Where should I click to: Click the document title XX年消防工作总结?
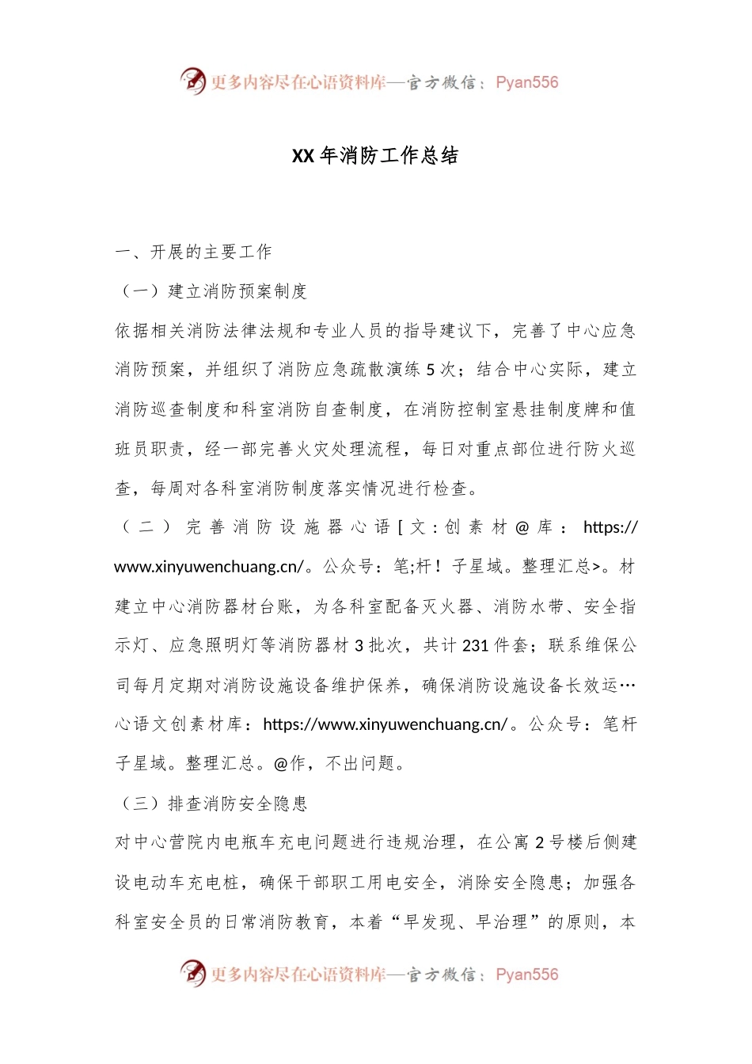[x=375, y=156]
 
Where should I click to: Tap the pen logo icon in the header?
[x=192, y=82]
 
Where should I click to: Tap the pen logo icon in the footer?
[x=192, y=974]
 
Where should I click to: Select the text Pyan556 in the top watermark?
[x=526, y=82]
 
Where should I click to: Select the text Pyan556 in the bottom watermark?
[x=526, y=975]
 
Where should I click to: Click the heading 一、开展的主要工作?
[x=194, y=252]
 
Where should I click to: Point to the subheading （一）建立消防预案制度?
[x=211, y=291]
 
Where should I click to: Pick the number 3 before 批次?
[x=359, y=646]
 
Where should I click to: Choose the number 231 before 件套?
[x=475, y=646]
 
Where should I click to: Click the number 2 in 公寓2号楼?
[x=539, y=842]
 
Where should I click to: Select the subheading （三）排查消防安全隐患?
[x=211, y=804]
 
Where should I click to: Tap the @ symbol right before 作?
[x=280, y=763]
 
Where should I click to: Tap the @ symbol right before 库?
[x=522, y=528]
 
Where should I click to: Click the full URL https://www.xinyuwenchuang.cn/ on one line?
[x=385, y=724]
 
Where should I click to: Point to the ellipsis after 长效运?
[x=629, y=686]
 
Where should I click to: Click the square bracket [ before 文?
[x=401, y=528]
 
